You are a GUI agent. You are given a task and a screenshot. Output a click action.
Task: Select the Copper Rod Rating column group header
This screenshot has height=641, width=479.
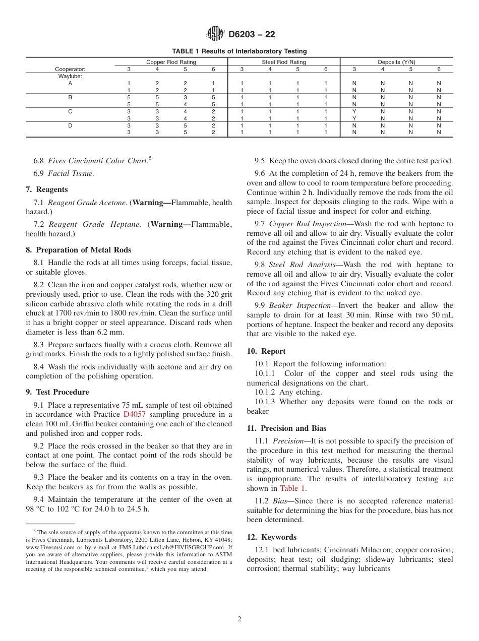click(171, 62)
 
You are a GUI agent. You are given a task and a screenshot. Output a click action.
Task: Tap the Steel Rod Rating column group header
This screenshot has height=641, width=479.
click(283, 62)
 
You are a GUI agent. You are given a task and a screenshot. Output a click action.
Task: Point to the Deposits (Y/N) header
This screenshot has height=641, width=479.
click(396, 62)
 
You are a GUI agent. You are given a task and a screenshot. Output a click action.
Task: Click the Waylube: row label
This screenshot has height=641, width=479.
click(70, 76)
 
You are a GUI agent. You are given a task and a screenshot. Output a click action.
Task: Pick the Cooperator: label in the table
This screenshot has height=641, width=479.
click(70, 69)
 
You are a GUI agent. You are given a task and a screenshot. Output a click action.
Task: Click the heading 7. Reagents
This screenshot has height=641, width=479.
click(46, 189)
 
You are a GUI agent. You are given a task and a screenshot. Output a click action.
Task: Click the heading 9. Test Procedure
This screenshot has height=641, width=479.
click(57, 392)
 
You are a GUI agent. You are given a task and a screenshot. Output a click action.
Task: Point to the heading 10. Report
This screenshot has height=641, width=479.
click(266, 351)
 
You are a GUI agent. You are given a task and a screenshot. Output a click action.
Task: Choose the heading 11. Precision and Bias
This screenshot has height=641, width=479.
click(286, 428)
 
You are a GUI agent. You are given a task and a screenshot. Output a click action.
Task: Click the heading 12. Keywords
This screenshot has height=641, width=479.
click(271, 537)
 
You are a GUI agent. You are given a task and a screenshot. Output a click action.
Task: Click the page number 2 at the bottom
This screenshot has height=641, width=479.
click(239, 619)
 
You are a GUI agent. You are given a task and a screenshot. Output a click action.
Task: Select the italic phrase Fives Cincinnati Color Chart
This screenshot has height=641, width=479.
click(97, 161)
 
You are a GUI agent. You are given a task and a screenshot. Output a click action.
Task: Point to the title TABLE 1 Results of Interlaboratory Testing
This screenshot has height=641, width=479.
click(239, 51)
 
